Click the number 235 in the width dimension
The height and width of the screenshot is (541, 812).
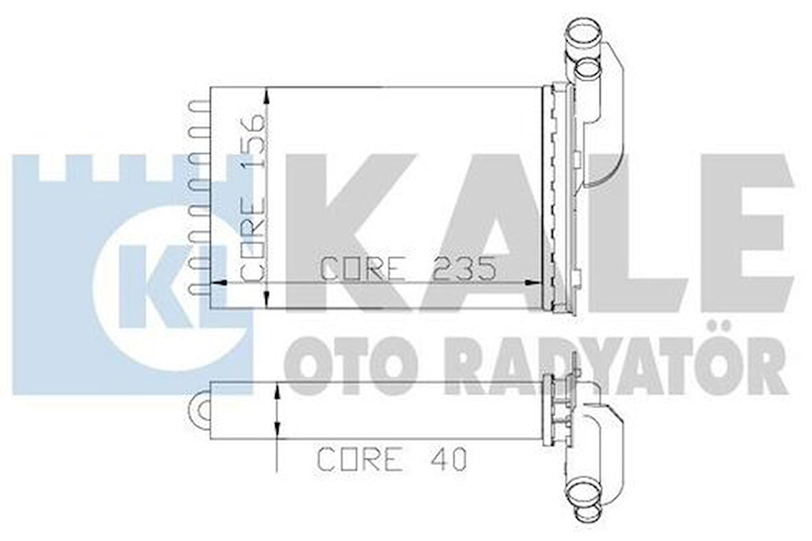[x=464, y=269]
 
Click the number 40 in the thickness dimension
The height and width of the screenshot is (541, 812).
[x=451, y=458]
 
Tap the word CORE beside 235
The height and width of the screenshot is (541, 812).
[x=363, y=269]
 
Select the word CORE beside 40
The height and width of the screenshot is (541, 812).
[x=359, y=458]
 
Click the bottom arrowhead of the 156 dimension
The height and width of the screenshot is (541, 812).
[x=266, y=299]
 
